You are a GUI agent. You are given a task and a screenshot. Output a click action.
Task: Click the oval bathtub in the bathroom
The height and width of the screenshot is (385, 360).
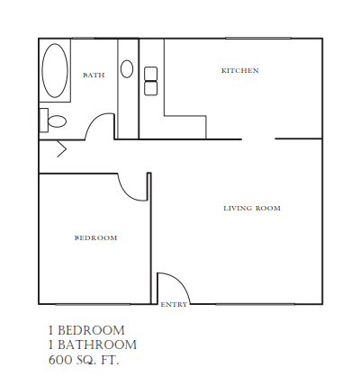(x=55, y=72)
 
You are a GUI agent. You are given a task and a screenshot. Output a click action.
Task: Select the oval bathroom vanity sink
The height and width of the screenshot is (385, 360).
(x=127, y=68)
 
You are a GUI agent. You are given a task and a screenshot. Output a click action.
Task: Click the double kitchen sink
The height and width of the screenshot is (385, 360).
(x=150, y=81)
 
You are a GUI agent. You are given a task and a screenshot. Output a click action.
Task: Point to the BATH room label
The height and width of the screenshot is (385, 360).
(x=94, y=76)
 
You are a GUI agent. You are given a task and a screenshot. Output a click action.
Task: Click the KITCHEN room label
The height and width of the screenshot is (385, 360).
(x=240, y=70)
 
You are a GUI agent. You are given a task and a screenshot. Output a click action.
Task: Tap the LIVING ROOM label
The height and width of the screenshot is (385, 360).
(x=252, y=208)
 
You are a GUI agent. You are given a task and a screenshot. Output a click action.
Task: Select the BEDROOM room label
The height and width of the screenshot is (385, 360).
(x=95, y=237)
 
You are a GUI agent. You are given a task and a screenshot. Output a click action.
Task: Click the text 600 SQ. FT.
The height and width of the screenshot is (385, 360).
(x=84, y=360)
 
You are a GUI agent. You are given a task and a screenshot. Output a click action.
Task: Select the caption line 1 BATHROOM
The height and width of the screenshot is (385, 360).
(x=92, y=345)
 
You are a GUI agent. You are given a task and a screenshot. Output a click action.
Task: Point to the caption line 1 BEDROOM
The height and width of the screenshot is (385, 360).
(x=86, y=330)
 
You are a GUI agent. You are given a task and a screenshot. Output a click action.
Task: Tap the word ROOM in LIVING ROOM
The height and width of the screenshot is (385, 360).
(x=267, y=208)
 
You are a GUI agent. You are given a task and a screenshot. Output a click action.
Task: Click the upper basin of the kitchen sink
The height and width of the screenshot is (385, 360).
(x=150, y=74)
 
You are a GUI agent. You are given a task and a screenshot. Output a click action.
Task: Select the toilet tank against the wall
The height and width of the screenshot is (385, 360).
(x=43, y=119)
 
